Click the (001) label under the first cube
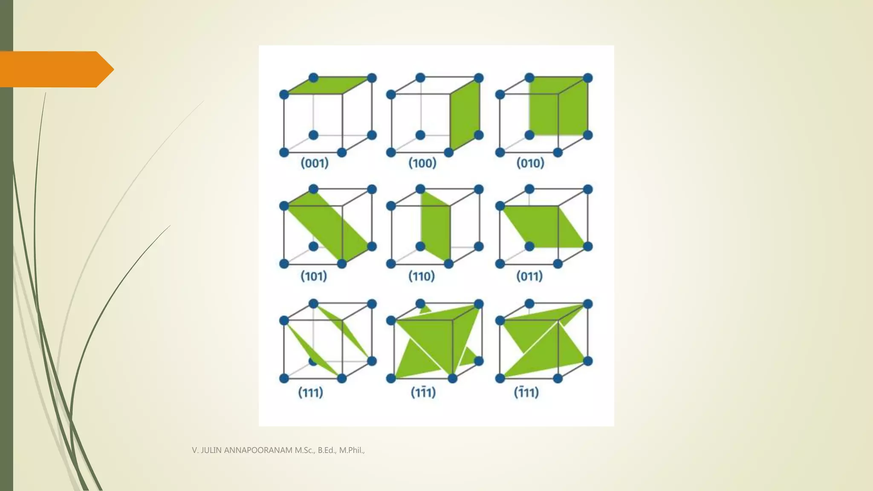click(x=315, y=163)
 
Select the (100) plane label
click(x=422, y=163)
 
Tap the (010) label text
click(x=530, y=163)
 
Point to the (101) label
click(x=314, y=276)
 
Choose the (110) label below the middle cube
click(x=422, y=276)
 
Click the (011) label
click(x=529, y=276)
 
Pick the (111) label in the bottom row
click(x=310, y=392)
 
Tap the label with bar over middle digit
click(x=423, y=392)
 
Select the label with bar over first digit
click(x=526, y=392)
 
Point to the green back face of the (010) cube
click(x=558, y=107)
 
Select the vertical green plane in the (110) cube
click(x=436, y=226)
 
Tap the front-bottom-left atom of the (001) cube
click(x=284, y=152)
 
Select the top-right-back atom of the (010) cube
click(x=587, y=78)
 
